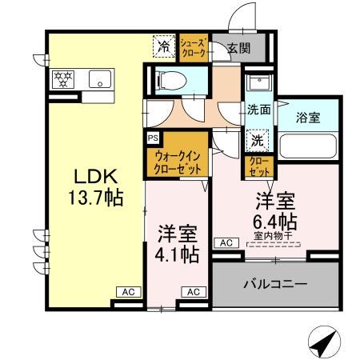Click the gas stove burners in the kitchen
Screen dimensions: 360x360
click(64, 78)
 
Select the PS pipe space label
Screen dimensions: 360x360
click(152, 137)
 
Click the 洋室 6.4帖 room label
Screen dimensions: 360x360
click(276, 210)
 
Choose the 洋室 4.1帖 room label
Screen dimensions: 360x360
click(178, 244)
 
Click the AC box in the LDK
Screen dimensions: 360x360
click(126, 292)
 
